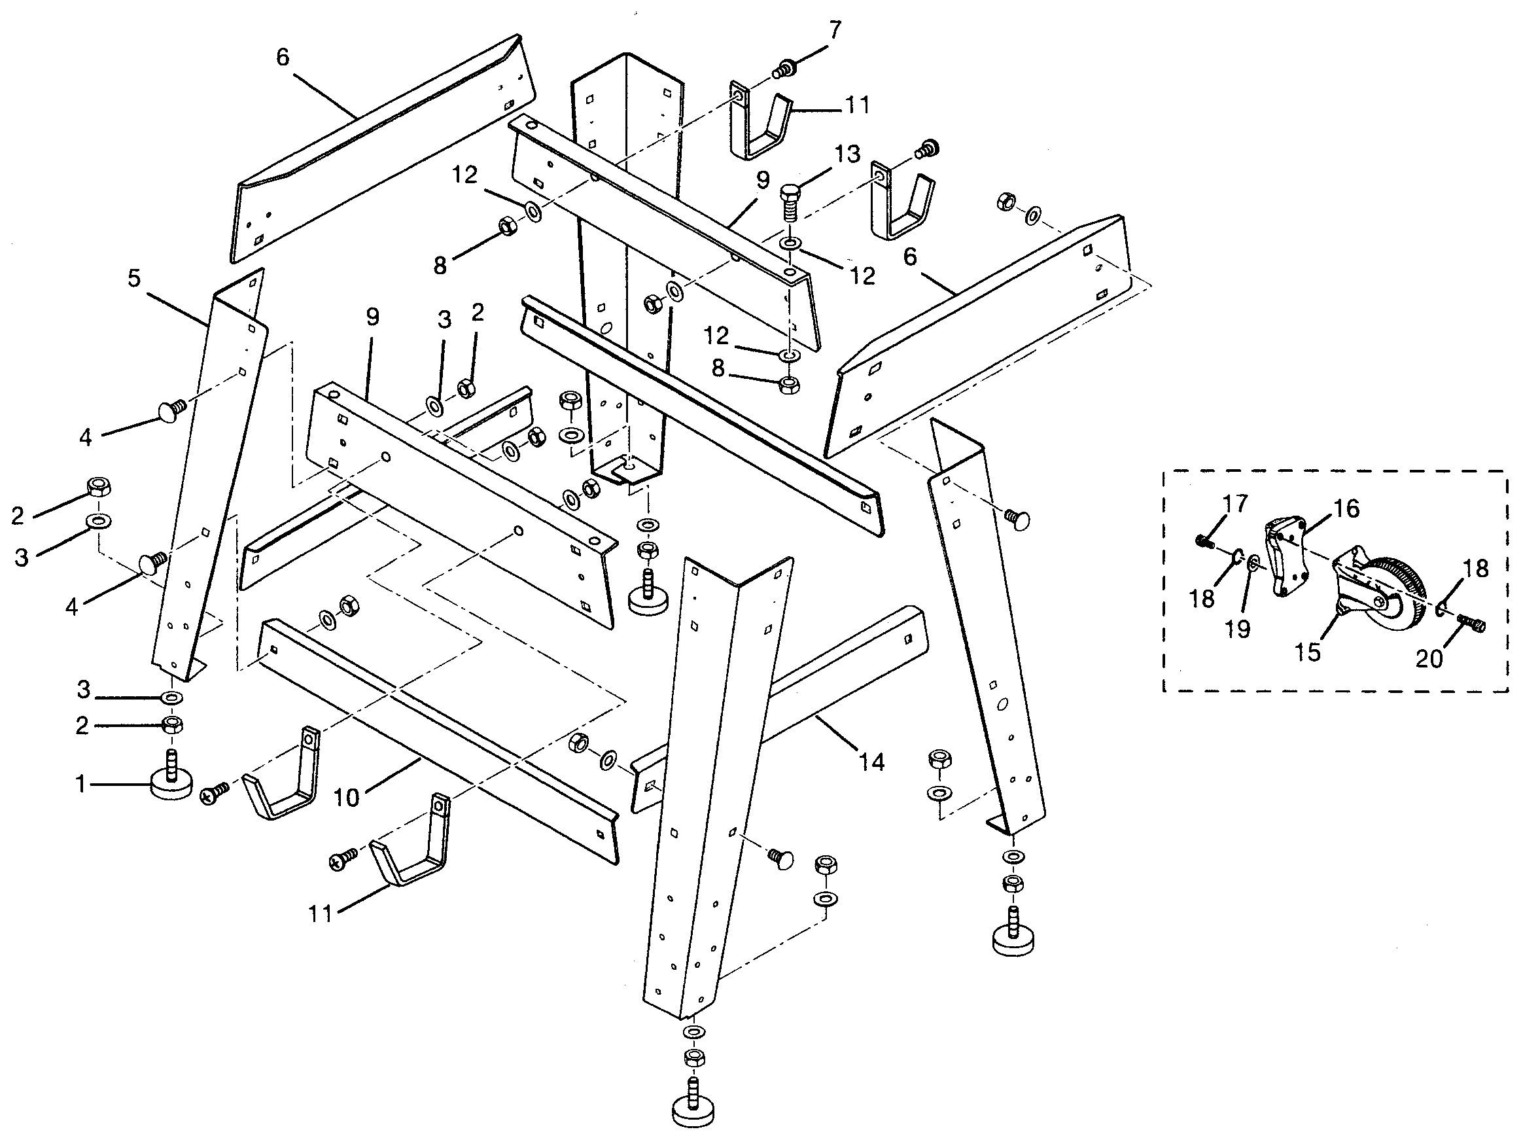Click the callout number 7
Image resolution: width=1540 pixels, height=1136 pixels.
click(x=835, y=31)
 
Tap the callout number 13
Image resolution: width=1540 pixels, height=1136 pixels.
click(x=848, y=154)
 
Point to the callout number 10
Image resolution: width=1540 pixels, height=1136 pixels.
click(x=347, y=798)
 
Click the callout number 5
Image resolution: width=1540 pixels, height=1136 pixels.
click(x=134, y=279)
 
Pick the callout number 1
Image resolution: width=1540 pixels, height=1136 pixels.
click(x=81, y=784)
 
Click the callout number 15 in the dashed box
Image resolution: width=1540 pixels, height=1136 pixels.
click(x=1308, y=652)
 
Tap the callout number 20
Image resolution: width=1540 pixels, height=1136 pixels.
click(x=1429, y=660)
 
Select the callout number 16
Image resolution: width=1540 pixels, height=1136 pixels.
click(x=1346, y=509)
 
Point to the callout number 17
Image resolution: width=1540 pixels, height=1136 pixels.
click(x=1234, y=504)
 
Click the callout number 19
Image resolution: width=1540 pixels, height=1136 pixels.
click(x=1238, y=628)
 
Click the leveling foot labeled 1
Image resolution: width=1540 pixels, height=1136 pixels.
click(x=171, y=784)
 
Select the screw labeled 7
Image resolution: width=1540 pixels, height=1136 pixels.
click(x=783, y=68)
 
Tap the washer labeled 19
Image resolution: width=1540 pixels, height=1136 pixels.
click(x=1253, y=565)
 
